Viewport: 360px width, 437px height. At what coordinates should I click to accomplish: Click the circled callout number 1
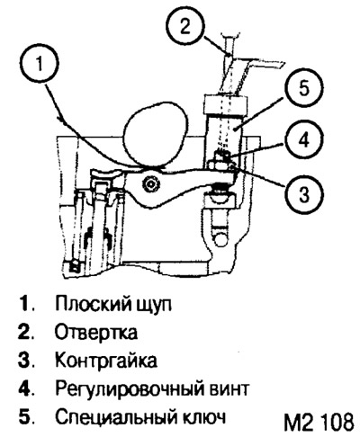(40, 65)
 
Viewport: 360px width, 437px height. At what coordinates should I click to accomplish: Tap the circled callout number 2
(185, 26)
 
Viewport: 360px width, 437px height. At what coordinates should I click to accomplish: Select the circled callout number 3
(304, 193)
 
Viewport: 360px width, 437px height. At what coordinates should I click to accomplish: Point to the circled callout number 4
(304, 140)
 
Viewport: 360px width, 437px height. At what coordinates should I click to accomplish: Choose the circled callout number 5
(304, 88)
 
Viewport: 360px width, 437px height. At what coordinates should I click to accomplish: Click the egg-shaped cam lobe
(155, 134)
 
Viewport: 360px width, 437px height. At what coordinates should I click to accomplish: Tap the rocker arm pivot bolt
(150, 185)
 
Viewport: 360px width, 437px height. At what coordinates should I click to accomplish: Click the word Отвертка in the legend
(96, 332)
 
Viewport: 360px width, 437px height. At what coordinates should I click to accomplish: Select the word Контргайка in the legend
(106, 360)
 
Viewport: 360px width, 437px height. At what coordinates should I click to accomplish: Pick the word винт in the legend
(229, 388)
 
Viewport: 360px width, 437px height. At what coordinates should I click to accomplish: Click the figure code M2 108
(319, 422)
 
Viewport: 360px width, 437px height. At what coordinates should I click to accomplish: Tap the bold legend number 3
(24, 361)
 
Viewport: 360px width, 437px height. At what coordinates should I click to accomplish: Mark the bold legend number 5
(24, 417)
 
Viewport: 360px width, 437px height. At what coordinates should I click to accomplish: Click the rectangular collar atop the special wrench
(225, 105)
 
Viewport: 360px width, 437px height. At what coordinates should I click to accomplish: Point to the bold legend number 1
(24, 304)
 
